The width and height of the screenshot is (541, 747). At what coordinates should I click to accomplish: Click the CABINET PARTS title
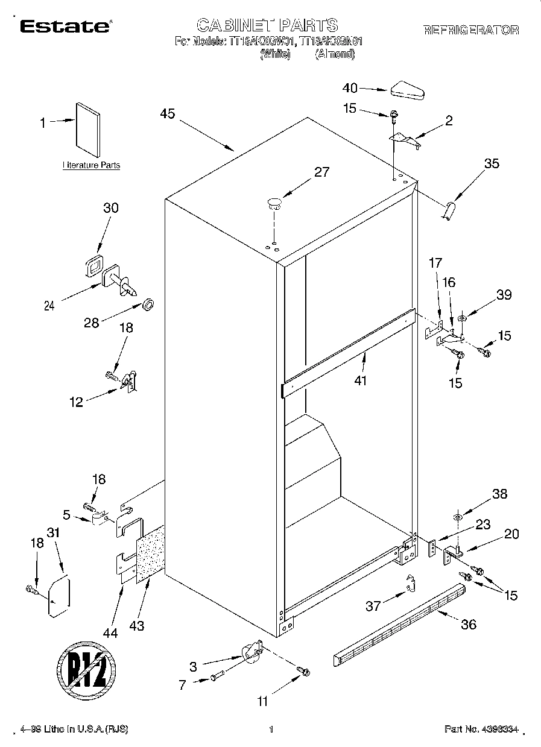(267, 25)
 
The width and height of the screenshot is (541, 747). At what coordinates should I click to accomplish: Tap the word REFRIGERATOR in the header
(470, 30)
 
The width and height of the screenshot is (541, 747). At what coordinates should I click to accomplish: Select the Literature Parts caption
(91, 165)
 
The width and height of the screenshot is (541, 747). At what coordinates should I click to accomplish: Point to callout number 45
(168, 113)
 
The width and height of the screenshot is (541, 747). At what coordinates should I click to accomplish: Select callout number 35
(492, 163)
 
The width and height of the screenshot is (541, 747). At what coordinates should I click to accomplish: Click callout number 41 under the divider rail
(361, 380)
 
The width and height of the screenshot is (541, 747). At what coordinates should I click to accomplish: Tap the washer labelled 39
(462, 318)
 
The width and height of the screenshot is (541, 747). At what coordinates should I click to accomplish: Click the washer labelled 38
(458, 517)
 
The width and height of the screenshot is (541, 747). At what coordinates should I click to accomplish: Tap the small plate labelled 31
(59, 597)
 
